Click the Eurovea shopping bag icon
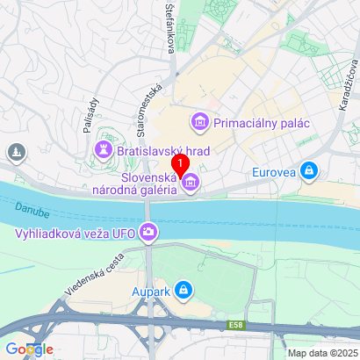click(308, 171)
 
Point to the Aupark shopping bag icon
click(183, 288)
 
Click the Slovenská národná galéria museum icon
click(191, 183)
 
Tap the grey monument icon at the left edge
click(15, 154)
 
